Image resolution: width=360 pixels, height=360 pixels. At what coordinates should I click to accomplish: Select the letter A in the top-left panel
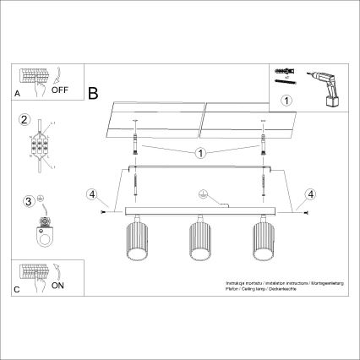[x=18, y=94]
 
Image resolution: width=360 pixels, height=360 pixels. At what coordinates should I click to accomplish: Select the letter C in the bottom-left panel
[x=18, y=292]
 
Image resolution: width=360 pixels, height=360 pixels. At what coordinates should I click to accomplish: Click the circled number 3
[x=28, y=200]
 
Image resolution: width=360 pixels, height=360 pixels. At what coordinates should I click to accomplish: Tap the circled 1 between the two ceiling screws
[x=200, y=154]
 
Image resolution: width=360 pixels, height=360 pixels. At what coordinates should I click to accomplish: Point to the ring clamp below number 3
[x=42, y=233]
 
